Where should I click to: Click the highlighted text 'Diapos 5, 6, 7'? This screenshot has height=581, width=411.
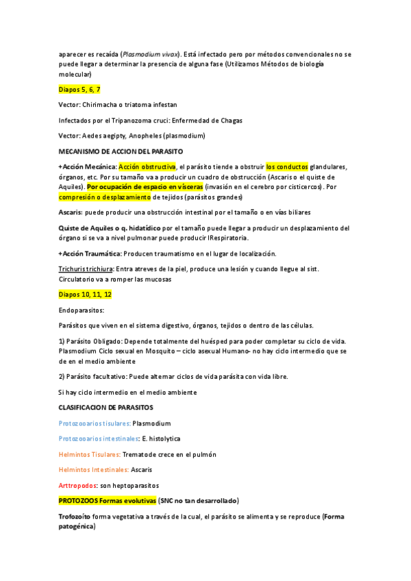[x=79, y=89]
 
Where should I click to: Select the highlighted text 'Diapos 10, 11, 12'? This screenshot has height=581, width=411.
[x=85, y=294]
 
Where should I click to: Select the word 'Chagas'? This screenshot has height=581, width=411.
[x=229, y=121]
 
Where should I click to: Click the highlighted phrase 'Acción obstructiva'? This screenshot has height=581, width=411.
[x=147, y=166]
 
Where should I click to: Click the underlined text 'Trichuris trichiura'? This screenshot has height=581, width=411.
[x=86, y=269]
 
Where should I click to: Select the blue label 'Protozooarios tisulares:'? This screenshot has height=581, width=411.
[x=94, y=423]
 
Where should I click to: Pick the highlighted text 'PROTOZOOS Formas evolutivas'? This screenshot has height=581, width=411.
[x=108, y=501]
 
